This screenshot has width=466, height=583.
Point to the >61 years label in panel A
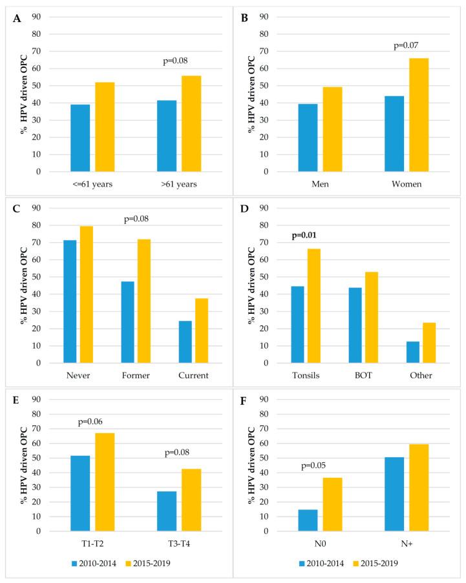coord(175,184)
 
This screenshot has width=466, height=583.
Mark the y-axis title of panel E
coord(25,465)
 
